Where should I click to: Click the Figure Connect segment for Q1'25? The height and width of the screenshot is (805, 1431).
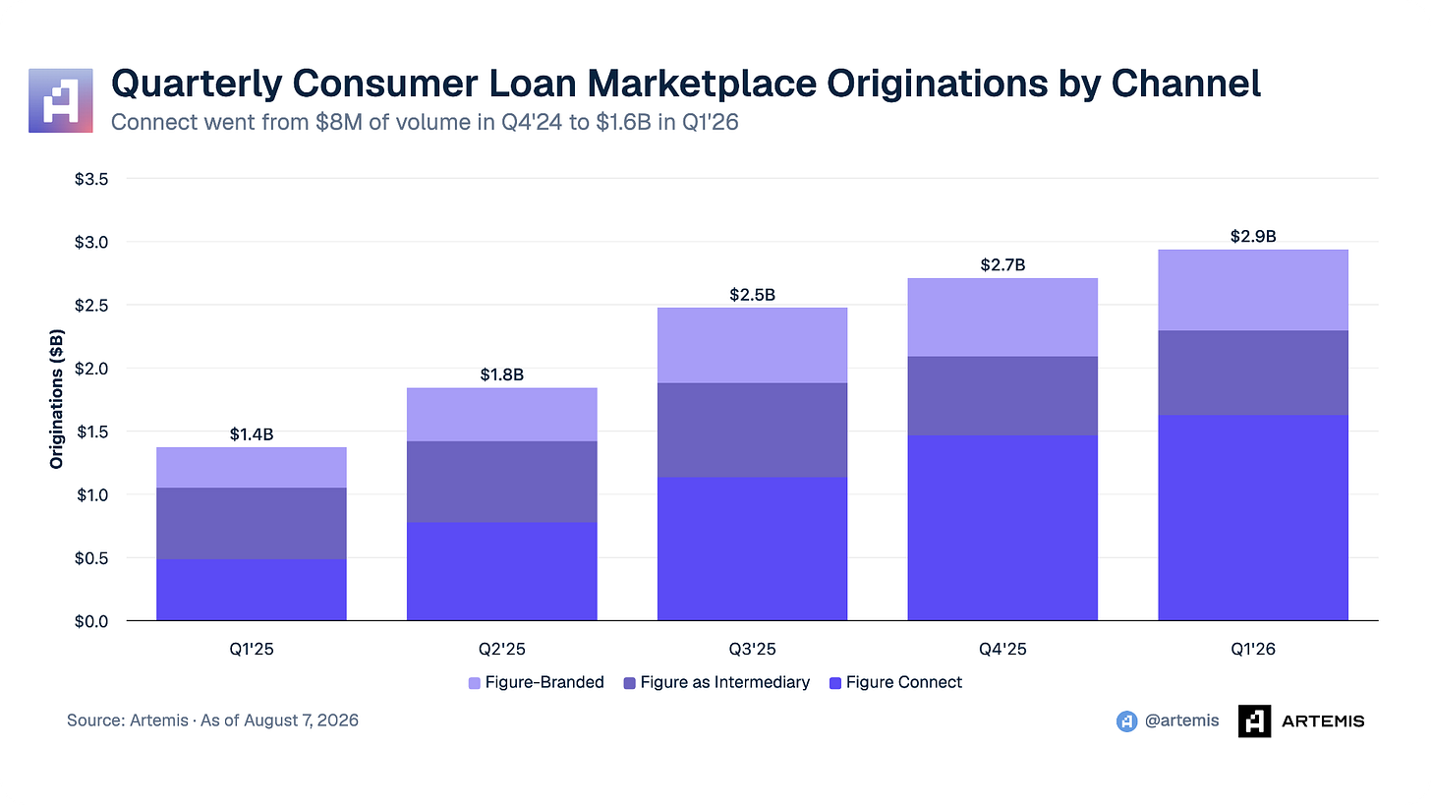click(x=251, y=590)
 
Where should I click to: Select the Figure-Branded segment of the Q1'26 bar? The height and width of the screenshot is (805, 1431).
click(x=1253, y=290)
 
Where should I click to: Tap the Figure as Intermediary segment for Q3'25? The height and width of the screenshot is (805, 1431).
click(x=752, y=430)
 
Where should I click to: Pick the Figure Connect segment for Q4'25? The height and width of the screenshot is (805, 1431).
click(x=1002, y=528)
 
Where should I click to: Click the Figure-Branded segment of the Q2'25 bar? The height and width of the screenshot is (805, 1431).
click(x=501, y=415)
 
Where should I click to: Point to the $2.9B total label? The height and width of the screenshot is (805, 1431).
click(x=1253, y=236)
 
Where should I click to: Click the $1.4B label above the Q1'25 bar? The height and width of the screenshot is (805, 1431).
click(x=251, y=434)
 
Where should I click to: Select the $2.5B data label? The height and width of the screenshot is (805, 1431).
click(x=752, y=295)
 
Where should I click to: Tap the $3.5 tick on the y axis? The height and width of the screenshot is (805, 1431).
click(x=91, y=179)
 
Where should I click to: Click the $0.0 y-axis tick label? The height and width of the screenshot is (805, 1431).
click(x=91, y=621)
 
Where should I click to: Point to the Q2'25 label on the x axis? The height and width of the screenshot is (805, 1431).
click(x=501, y=649)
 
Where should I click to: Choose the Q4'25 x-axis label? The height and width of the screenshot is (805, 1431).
click(x=1002, y=649)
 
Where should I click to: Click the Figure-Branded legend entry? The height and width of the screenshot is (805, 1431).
click(x=536, y=682)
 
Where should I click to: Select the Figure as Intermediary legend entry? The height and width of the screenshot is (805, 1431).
click(x=716, y=682)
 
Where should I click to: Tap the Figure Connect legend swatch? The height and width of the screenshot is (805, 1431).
click(x=835, y=683)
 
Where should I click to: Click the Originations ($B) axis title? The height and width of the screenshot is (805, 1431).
click(x=56, y=399)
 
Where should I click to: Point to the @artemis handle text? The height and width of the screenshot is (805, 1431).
click(x=1181, y=720)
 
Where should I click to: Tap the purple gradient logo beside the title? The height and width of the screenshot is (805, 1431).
click(x=61, y=100)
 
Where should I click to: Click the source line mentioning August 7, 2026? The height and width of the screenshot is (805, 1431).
click(x=212, y=720)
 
